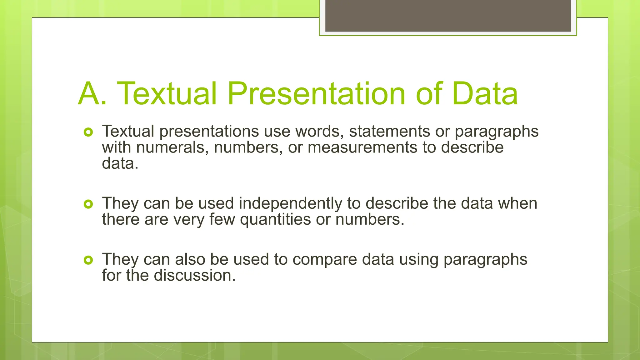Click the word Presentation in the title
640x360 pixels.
click(x=316, y=94)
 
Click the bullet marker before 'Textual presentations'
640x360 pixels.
click(x=88, y=132)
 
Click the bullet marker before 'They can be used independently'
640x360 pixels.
click(x=88, y=204)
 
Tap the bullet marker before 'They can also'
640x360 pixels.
click(x=88, y=260)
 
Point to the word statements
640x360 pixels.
click(x=389, y=131)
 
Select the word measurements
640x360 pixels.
click(x=362, y=147)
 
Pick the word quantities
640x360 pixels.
click(x=275, y=220)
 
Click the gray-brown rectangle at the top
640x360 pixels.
click(x=448, y=16)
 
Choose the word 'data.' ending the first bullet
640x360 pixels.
click(x=120, y=163)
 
